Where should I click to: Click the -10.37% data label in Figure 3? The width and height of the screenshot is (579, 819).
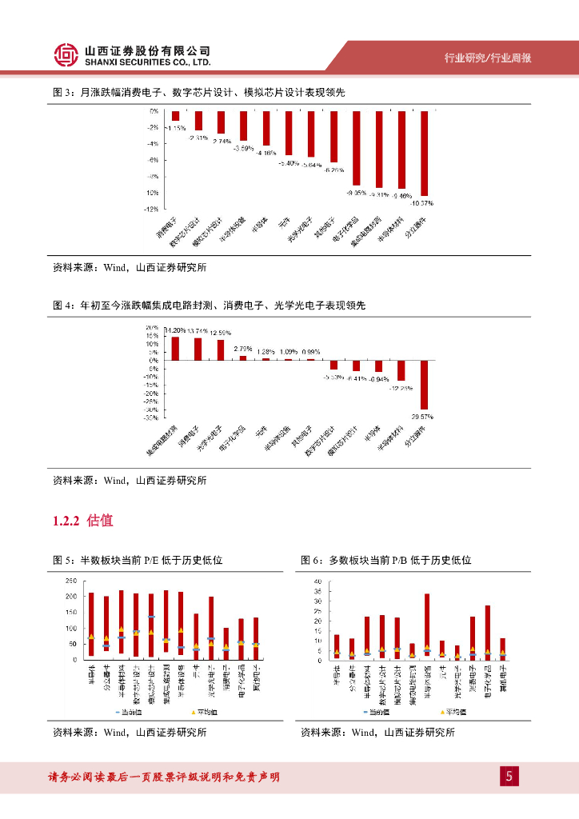[x=422, y=203]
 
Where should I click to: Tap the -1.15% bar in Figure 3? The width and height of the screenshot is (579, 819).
[x=175, y=116]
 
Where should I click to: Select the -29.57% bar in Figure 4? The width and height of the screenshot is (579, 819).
[x=424, y=385]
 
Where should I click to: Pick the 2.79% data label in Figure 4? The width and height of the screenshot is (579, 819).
[x=243, y=348]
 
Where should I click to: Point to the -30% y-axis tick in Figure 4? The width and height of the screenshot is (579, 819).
[x=151, y=417]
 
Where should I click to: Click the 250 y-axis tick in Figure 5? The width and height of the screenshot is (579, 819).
[x=70, y=581]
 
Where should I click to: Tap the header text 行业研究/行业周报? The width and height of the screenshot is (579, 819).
[x=488, y=58]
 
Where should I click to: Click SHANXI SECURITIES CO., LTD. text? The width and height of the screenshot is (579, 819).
[x=147, y=62]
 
